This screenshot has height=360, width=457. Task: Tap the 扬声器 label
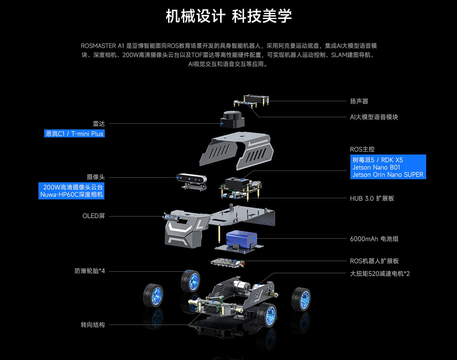point(359,101)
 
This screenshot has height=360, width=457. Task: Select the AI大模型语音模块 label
point(374,117)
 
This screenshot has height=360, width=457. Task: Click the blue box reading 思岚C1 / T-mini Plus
point(75,134)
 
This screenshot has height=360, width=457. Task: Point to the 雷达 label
point(99,124)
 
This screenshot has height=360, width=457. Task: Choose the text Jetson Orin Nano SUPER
point(388,175)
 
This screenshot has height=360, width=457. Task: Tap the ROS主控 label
point(362,149)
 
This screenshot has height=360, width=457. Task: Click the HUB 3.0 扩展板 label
point(372,198)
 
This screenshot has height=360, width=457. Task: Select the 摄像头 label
point(96,177)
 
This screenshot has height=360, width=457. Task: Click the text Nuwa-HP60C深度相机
point(72,195)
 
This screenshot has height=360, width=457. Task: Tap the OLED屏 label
point(93,216)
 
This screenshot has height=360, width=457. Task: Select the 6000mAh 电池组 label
point(374,239)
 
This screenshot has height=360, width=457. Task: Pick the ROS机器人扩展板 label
point(374,261)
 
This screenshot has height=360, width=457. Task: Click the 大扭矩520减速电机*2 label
point(380,274)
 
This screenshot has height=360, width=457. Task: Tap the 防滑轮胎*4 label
point(89,271)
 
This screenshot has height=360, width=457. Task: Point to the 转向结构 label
point(93,325)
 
